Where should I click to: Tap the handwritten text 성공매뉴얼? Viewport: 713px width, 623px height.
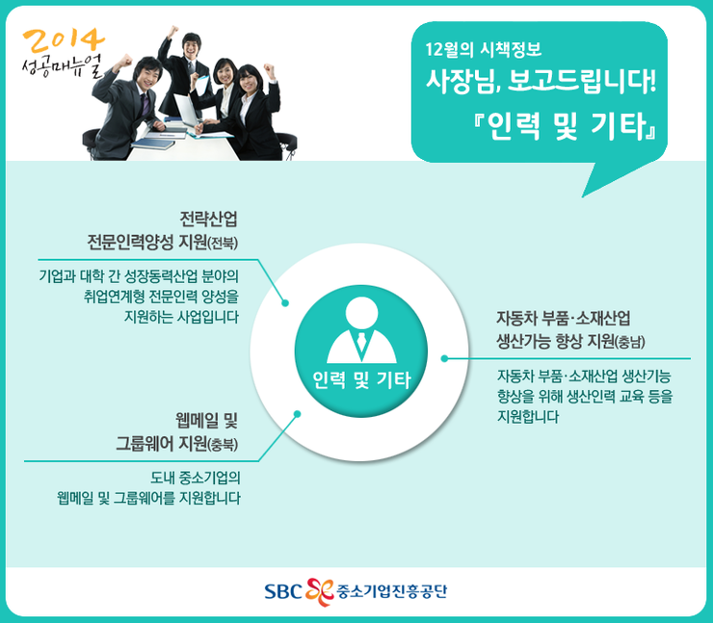click(x=63, y=66)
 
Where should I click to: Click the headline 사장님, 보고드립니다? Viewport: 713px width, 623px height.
click(x=541, y=81)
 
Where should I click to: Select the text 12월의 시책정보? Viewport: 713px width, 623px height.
click(x=484, y=48)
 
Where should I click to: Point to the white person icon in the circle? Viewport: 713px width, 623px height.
click(x=361, y=329)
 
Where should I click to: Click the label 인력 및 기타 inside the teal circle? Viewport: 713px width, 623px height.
click(x=361, y=379)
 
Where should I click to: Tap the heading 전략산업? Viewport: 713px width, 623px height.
click(x=208, y=220)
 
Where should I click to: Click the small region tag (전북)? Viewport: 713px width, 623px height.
click(x=223, y=244)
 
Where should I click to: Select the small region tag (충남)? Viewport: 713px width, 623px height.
click(x=630, y=342)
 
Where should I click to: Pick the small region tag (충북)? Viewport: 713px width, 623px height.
click(x=223, y=445)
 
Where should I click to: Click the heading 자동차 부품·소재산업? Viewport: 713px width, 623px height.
click(x=564, y=318)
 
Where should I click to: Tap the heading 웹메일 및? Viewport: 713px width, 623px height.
click(x=206, y=421)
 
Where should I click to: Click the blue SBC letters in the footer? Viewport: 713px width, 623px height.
click(x=283, y=591)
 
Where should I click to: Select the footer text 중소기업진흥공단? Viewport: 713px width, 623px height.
click(x=391, y=591)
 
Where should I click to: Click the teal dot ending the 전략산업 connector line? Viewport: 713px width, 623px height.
click(x=285, y=303)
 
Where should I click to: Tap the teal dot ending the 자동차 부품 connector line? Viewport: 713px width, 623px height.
click(x=444, y=358)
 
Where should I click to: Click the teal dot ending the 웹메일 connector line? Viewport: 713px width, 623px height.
click(x=297, y=414)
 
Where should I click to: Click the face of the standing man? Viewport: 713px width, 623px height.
click(x=192, y=47)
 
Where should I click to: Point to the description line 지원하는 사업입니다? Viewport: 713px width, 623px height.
click(x=181, y=317)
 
